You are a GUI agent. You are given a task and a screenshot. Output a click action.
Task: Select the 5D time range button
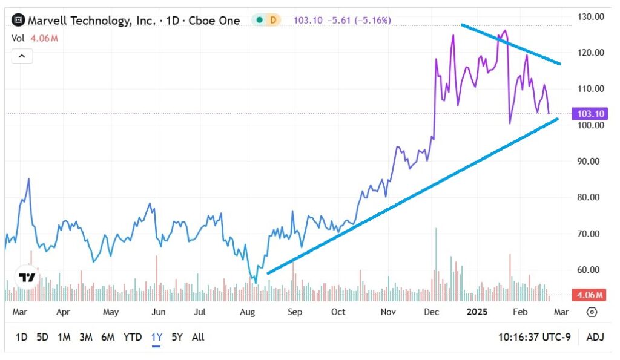click(42, 337)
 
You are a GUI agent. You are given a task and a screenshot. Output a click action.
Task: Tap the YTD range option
click(133, 337)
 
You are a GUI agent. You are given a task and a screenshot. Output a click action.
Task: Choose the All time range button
click(198, 337)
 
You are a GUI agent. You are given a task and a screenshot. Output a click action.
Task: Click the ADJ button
click(596, 337)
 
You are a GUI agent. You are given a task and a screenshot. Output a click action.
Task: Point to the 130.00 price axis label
click(590, 16)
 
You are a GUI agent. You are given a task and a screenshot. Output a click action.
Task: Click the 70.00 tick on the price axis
click(590, 234)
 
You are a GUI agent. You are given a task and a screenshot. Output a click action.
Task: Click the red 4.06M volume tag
click(589, 295)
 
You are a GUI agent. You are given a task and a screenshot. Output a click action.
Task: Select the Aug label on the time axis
click(247, 313)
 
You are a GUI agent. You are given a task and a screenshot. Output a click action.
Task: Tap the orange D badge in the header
click(273, 20)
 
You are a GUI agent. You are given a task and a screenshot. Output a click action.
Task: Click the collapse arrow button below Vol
click(21, 56)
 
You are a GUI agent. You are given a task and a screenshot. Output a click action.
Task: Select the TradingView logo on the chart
click(26, 278)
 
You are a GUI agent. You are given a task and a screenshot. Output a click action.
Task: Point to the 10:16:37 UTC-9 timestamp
click(533, 337)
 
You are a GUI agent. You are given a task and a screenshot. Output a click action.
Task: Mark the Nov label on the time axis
click(389, 313)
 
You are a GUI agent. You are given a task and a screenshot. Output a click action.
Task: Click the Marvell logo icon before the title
click(18, 21)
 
